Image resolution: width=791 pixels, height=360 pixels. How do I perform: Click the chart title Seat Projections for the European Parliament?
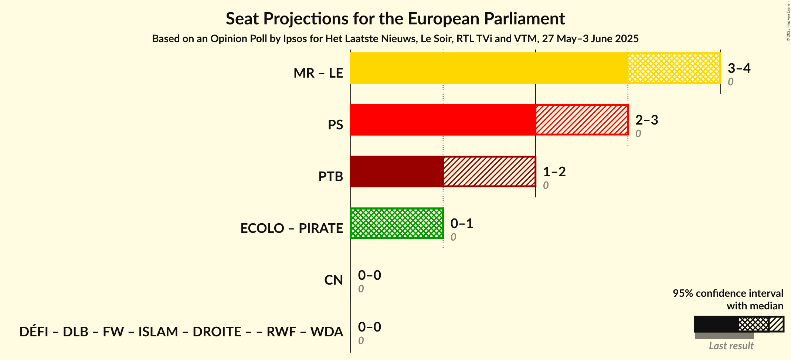395,18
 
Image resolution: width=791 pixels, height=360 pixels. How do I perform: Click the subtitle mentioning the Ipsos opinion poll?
395,39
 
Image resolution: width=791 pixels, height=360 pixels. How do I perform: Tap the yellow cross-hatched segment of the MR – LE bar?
674,68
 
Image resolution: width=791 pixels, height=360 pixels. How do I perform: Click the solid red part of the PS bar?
442,120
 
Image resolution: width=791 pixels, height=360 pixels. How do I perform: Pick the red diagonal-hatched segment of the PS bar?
581,120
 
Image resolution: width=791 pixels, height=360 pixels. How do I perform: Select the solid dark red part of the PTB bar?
396,171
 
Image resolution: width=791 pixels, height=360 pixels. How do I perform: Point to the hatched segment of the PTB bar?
489,171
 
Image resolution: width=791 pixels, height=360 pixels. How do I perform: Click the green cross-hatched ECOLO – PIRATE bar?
396,223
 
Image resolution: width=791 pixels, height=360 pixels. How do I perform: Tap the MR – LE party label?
318,73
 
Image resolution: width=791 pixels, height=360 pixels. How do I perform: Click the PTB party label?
330,177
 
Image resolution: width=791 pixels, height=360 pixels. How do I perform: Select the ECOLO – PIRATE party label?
291,228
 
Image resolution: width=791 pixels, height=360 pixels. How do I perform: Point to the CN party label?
333,280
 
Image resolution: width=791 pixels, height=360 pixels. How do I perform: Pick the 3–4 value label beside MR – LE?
739,68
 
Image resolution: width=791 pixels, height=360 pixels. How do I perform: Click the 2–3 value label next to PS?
646,120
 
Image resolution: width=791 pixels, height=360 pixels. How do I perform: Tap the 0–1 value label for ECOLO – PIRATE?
461,223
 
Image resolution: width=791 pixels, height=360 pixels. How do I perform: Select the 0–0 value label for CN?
369,275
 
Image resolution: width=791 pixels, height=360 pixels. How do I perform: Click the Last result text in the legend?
731,346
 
